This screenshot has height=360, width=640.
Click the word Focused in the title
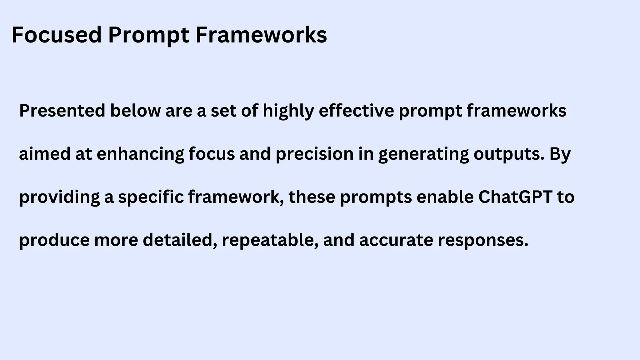57,35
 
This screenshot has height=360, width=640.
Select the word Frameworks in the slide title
261,35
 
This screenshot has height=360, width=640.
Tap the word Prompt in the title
149,35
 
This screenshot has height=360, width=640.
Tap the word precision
314,154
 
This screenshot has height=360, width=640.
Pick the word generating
423,154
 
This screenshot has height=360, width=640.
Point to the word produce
54,241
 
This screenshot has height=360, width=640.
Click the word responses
483,241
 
